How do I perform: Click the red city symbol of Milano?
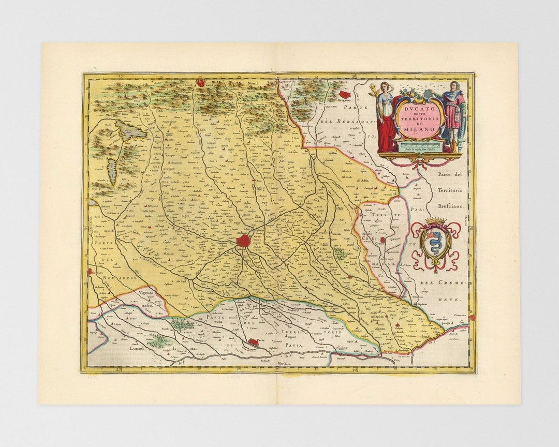pos(243,241)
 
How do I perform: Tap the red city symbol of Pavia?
pos(254,342)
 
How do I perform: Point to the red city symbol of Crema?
pos(383,240)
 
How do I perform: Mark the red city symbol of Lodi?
pos(350,277)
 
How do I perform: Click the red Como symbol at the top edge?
pos(200,82)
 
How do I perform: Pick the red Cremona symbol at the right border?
pos(471,317)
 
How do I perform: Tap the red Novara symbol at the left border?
pos(90,271)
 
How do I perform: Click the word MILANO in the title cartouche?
pos(420,129)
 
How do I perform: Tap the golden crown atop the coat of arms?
pos(435,221)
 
